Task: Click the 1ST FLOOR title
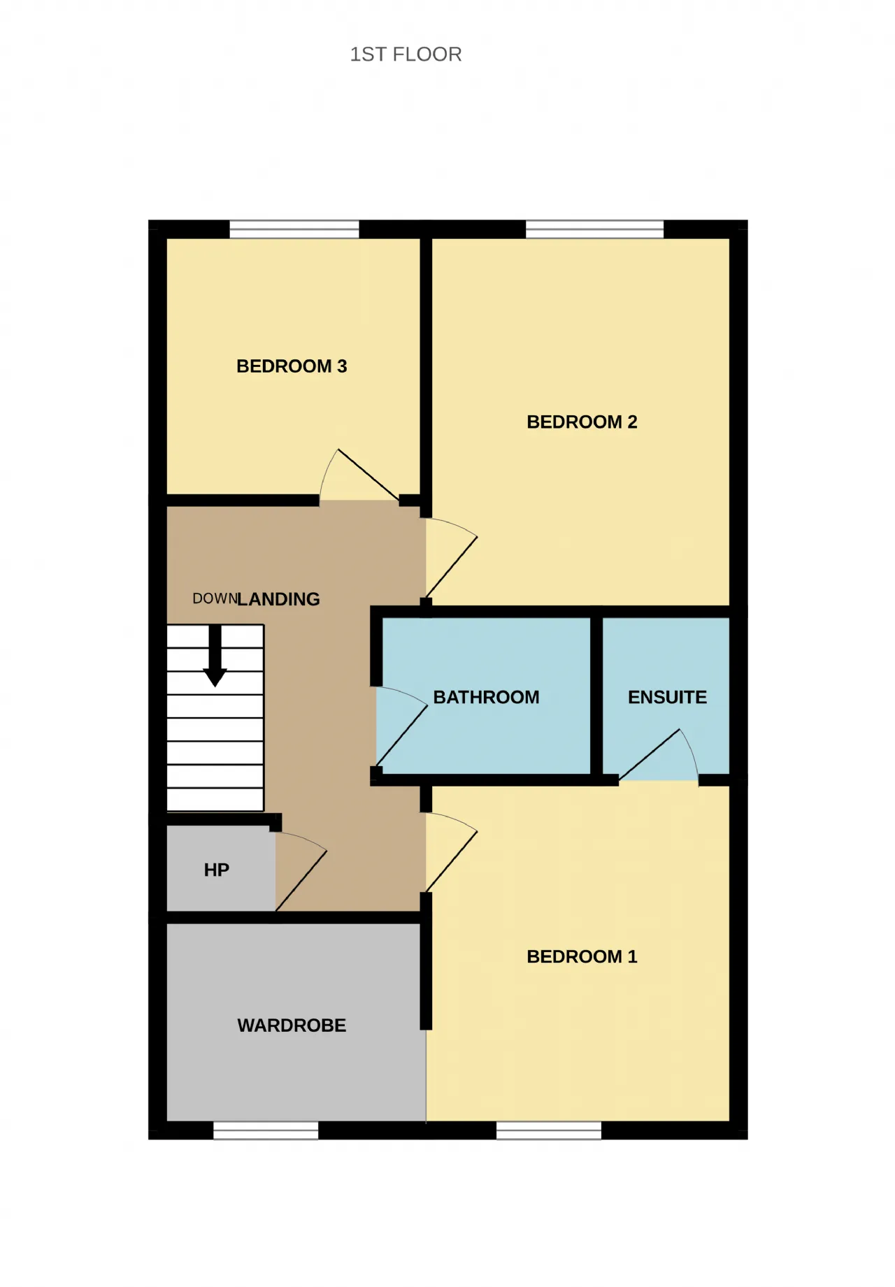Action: pyautogui.click(x=406, y=55)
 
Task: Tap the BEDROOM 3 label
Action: pyautogui.click(x=292, y=366)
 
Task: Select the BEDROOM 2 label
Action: pyautogui.click(x=582, y=422)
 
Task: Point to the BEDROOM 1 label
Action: pyautogui.click(x=582, y=957)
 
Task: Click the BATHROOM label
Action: pyautogui.click(x=486, y=698)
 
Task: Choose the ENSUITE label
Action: pyautogui.click(x=667, y=698)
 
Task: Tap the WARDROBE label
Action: pyautogui.click(x=292, y=1026)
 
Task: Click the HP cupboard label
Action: pyautogui.click(x=217, y=870)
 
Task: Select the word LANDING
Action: pyautogui.click(x=278, y=599)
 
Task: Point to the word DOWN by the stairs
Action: pyautogui.click(x=215, y=598)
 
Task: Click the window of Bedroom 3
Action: pyautogui.click(x=294, y=229)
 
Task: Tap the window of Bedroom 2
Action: pyautogui.click(x=594, y=229)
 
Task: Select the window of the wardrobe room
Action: pyautogui.click(x=266, y=1130)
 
